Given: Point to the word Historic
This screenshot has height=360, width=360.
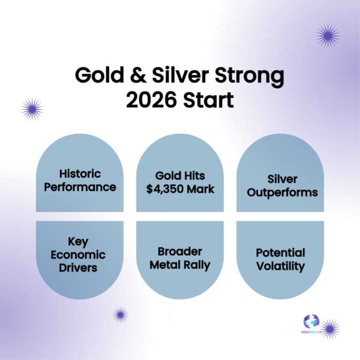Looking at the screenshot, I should tap(80, 173).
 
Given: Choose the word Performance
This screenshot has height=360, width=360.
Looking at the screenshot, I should tap(80, 187).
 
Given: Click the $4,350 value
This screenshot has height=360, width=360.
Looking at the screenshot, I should tap(161, 189).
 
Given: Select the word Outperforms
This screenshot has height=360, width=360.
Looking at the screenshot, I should tap(280, 193).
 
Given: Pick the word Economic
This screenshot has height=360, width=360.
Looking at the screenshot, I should tap(78, 255).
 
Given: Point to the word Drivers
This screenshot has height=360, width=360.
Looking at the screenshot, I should tap(78, 268).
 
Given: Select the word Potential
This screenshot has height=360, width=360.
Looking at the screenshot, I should tap(280, 253).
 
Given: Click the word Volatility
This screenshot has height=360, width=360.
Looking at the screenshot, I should tap(280, 266).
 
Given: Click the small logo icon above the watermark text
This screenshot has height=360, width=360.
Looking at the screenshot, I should tap(311, 321).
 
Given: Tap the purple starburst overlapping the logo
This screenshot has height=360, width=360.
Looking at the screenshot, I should tap(330, 329).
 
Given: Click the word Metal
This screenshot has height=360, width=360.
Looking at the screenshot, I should tap(165, 264).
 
